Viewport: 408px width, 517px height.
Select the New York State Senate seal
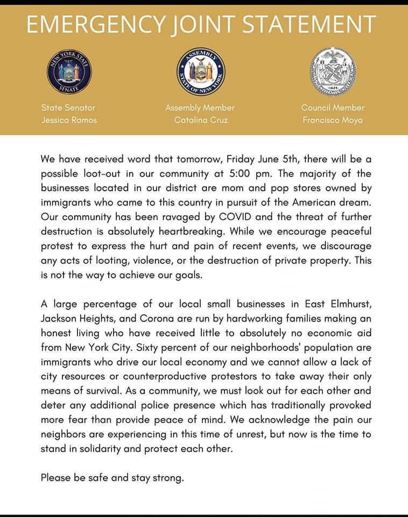click(69, 72)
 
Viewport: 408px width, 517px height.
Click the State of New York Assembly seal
click(201, 72)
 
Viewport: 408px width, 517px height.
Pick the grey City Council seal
click(333, 72)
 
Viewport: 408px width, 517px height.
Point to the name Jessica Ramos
click(69, 120)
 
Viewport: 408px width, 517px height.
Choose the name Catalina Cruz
click(201, 120)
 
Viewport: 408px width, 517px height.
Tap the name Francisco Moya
click(333, 120)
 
